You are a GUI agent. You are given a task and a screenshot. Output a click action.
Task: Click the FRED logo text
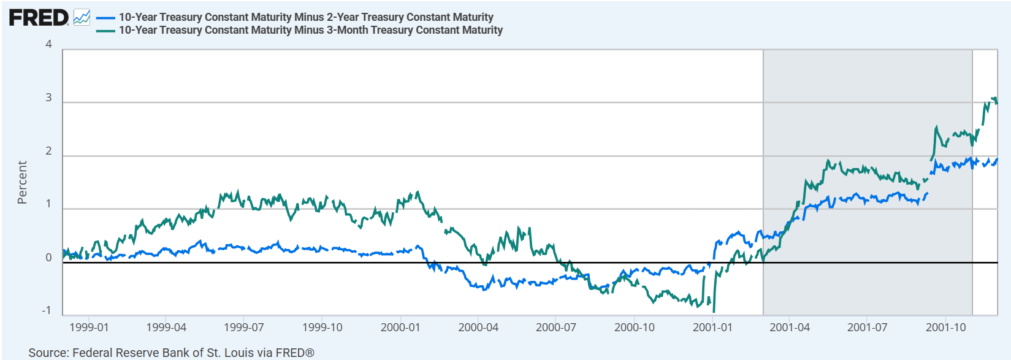tap(38, 17)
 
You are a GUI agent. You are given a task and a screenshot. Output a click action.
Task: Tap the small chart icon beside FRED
tap(82, 17)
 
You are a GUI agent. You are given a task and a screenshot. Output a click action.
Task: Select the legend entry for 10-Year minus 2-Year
tap(305, 17)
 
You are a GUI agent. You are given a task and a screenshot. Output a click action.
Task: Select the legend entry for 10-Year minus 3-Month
tap(310, 30)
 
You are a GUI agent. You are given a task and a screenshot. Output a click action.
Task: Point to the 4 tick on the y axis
tap(48, 44)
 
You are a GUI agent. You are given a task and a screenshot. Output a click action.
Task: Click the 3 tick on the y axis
tap(48, 98)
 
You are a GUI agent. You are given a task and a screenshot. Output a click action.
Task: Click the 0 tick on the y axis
tap(48, 258)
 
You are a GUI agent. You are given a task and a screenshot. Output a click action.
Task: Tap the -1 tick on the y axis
tap(47, 310)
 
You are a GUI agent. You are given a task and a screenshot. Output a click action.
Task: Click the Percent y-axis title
tap(22, 182)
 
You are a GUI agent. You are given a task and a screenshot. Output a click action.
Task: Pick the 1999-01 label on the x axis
tap(89, 327)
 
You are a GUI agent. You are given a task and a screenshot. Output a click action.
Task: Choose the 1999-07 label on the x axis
tap(244, 327)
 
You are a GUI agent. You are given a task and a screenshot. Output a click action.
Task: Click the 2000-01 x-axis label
tap(400, 327)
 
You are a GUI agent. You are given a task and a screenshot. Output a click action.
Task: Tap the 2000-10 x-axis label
tap(635, 327)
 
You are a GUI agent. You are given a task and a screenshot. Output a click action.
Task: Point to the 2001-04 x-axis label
tap(790, 327)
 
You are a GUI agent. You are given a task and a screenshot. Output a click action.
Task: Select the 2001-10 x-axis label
tap(945, 327)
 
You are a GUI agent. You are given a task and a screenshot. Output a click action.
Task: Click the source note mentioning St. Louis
tap(171, 353)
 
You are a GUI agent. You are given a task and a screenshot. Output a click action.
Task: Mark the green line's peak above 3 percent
tap(993, 98)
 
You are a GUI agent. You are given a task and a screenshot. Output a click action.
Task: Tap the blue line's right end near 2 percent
tap(996, 159)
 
